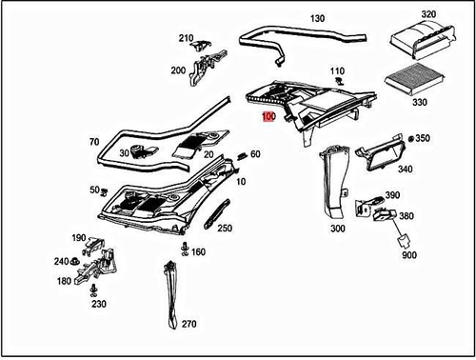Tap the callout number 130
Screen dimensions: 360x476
tap(317, 18)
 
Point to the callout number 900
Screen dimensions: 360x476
tap(408, 256)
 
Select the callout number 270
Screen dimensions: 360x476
tap(188, 324)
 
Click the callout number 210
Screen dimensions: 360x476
tap(185, 38)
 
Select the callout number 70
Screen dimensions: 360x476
tap(93, 142)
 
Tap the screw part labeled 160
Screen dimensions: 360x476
tap(181, 250)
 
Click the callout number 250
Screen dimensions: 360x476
tap(225, 229)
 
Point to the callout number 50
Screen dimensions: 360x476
tap(93, 190)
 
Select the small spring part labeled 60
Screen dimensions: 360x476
tap(242, 155)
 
